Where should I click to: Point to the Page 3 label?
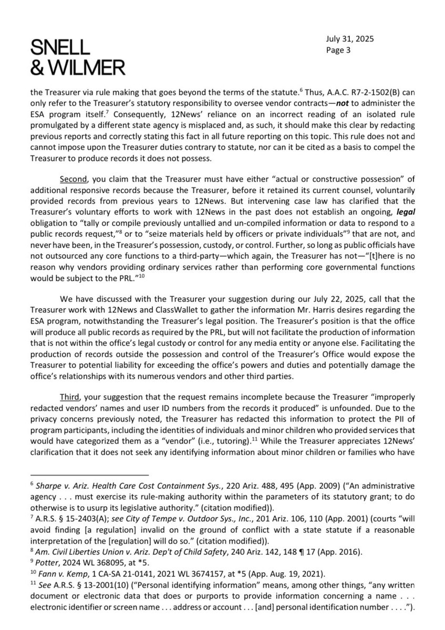pos(341,51)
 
